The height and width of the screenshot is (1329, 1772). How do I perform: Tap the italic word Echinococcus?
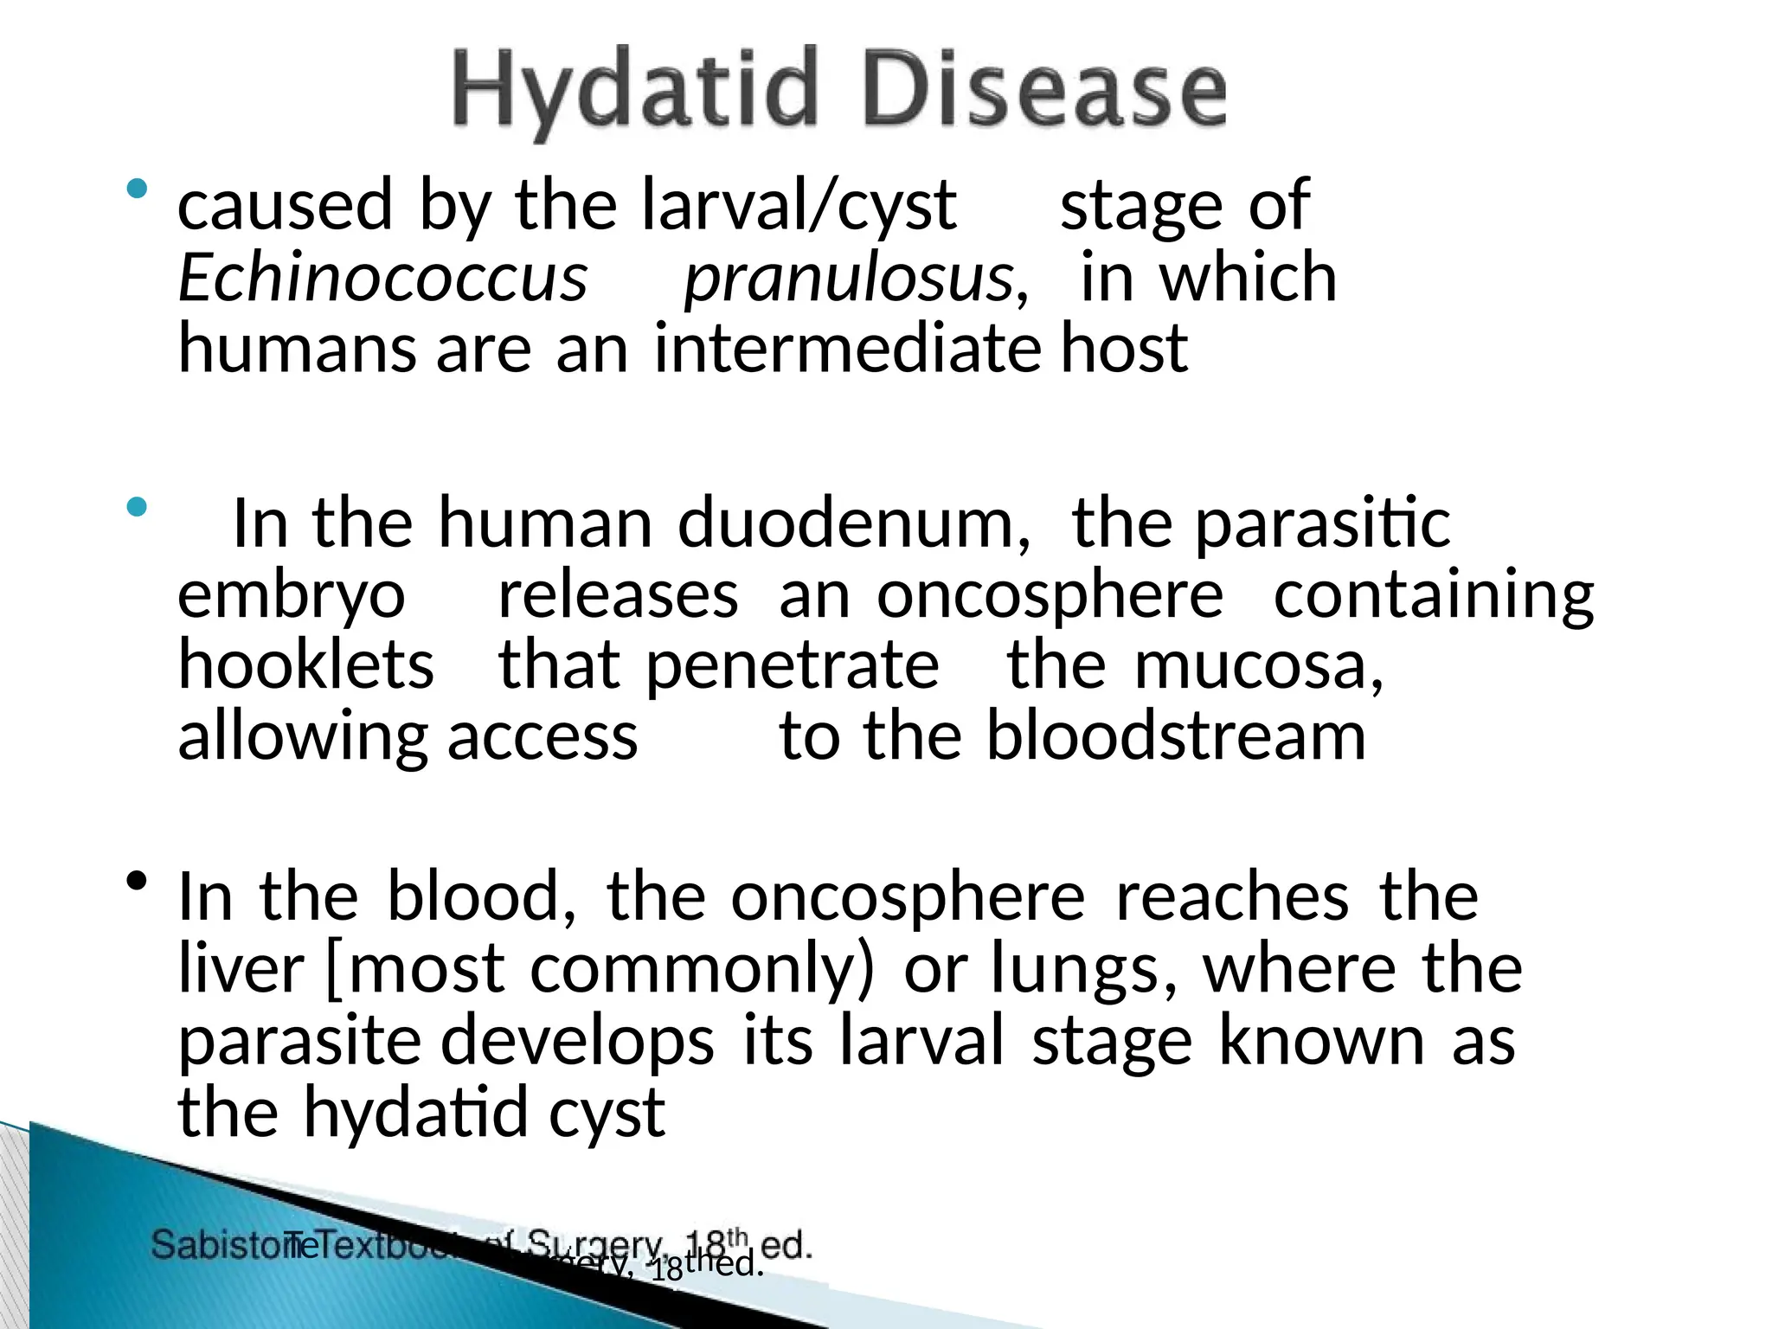tap(382, 279)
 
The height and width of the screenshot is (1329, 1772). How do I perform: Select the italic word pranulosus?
tap(848, 279)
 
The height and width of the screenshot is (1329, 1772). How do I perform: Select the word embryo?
tap(292, 595)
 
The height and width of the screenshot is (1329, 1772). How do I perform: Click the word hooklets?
tap(305, 665)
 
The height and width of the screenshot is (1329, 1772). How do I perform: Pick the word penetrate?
tap(792, 665)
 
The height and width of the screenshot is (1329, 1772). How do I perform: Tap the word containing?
tap(1434, 595)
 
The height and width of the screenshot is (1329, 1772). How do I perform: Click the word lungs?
tap(1074, 968)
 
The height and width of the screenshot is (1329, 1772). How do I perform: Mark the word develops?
tap(577, 1041)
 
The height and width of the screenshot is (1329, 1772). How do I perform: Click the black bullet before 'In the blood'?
tap(137, 882)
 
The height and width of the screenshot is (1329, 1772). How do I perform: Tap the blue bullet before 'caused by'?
tap(137, 189)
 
